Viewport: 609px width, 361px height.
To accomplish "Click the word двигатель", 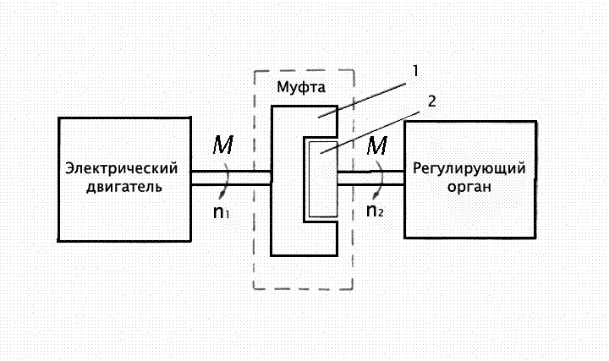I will click(x=123, y=186).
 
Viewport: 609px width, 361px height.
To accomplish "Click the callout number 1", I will click(x=415, y=72).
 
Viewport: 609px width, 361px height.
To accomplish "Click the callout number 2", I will click(x=431, y=101).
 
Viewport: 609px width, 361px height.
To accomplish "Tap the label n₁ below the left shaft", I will click(x=222, y=211).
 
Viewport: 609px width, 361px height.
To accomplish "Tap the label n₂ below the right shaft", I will click(x=376, y=211).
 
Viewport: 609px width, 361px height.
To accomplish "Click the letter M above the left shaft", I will click(x=222, y=146).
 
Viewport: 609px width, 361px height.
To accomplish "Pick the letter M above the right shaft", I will click(x=377, y=146).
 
